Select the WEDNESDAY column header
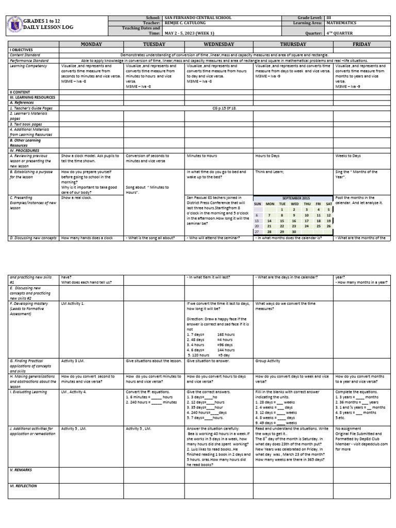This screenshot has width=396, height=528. (219, 44)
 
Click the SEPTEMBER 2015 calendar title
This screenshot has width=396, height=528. (293, 198)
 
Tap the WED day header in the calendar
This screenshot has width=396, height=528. (294, 204)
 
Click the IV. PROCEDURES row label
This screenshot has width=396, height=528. (24, 150)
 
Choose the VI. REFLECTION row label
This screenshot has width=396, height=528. (23, 486)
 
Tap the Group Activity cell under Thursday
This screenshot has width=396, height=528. (268, 361)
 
